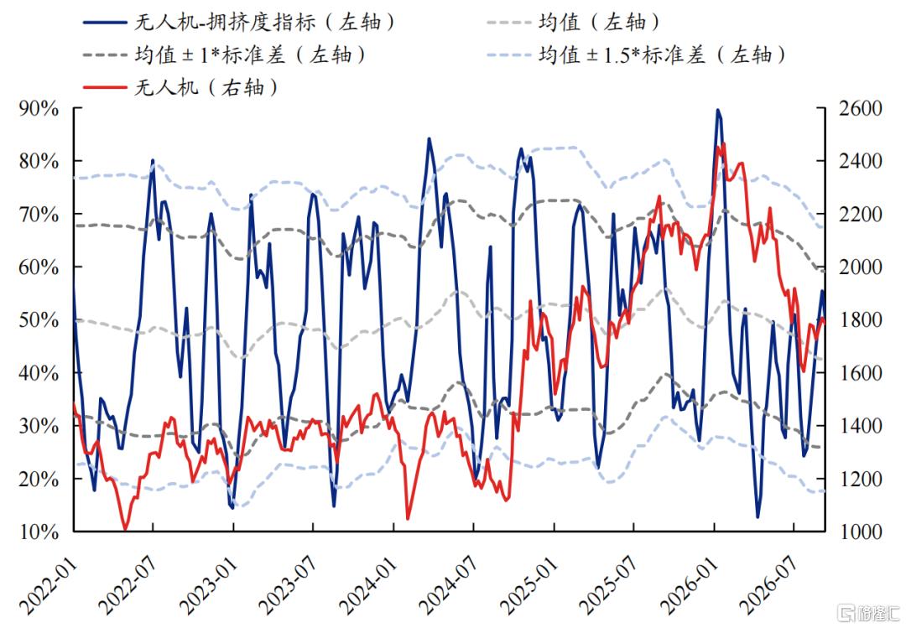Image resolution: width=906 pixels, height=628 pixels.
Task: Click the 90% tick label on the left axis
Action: click(39, 108)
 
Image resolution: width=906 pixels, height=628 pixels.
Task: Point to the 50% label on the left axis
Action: click(39, 320)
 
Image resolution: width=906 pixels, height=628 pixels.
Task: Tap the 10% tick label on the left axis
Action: click(39, 532)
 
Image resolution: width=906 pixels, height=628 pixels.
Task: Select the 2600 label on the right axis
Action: click(861, 108)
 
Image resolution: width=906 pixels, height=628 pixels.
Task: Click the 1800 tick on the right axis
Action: click(861, 320)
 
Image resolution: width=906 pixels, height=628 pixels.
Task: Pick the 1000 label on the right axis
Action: click(861, 532)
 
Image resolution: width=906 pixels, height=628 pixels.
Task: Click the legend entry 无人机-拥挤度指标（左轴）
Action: click(239, 23)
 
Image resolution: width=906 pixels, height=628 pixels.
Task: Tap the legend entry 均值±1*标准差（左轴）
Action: click(225, 55)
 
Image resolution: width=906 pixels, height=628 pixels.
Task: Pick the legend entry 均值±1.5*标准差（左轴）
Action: click(636, 55)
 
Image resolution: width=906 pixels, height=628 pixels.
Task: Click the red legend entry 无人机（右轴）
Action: click(181, 88)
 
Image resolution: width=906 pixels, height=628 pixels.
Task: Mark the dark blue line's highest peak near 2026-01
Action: click(717, 110)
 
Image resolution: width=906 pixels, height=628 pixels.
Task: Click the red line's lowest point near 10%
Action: click(125, 528)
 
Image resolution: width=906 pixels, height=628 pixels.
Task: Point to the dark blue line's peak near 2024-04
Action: click(429, 138)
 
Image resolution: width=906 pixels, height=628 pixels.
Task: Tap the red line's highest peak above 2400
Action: click(723, 144)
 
